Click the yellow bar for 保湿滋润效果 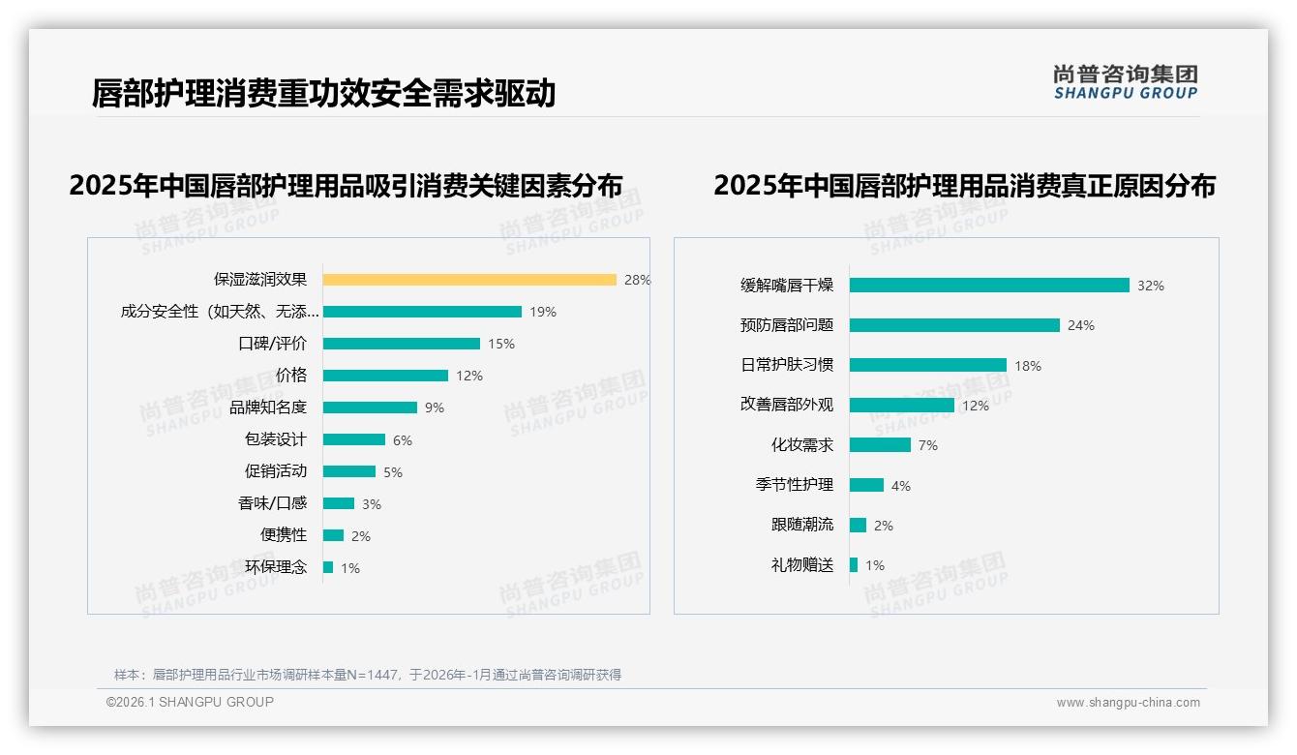coord(469,280)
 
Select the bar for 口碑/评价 coord(402,344)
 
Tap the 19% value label coord(543,312)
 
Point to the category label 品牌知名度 coord(268,408)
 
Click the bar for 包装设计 coord(354,439)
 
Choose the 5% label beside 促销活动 coord(392,472)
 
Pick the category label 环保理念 coord(276,567)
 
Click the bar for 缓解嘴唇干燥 coord(989,286)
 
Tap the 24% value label coord(1081,325)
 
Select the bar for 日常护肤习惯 coord(928,365)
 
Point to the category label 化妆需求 coord(801,445)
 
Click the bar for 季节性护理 coord(867,485)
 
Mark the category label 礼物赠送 coord(801,565)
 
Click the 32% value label coord(1151,286)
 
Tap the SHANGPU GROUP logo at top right coord(1125,82)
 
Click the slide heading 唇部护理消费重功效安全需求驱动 coord(323,93)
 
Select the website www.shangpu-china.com coord(1128,703)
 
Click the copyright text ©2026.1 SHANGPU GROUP coord(190,702)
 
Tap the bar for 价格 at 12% coord(385,376)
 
